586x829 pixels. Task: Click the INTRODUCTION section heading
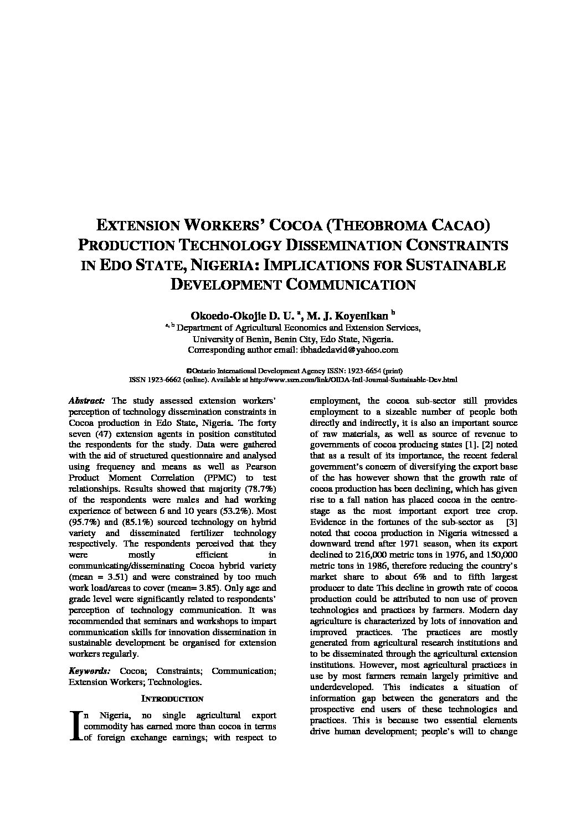click(172, 699)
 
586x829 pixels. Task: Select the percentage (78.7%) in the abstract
click(259, 488)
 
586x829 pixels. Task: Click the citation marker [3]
click(512, 522)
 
